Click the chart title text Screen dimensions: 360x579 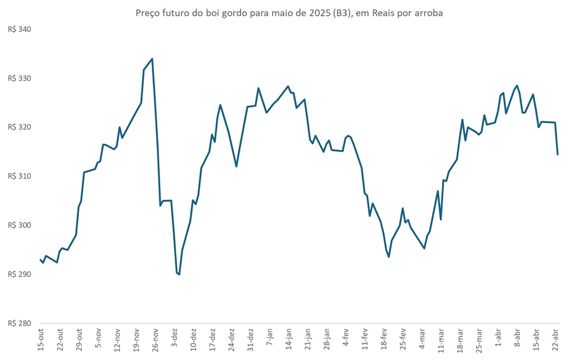(x=289, y=13)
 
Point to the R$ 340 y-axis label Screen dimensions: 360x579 (x=19, y=29)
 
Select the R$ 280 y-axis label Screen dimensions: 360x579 (x=19, y=323)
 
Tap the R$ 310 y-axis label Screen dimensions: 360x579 (x=19, y=176)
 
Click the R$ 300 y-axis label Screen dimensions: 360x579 (x=19, y=226)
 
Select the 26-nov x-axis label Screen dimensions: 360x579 (x=156, y=341)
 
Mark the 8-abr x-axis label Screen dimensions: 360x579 (x=518, y=341)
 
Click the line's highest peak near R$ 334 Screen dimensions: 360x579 (x=152, y=58)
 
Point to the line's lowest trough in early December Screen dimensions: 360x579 (x=179, y=275)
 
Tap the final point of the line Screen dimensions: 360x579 (x=557, y=155)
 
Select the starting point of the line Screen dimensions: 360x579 (x=40, y=260)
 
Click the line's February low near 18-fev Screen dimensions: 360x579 (x=389, y=257)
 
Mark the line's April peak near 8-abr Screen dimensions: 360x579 (x=517, y=85)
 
